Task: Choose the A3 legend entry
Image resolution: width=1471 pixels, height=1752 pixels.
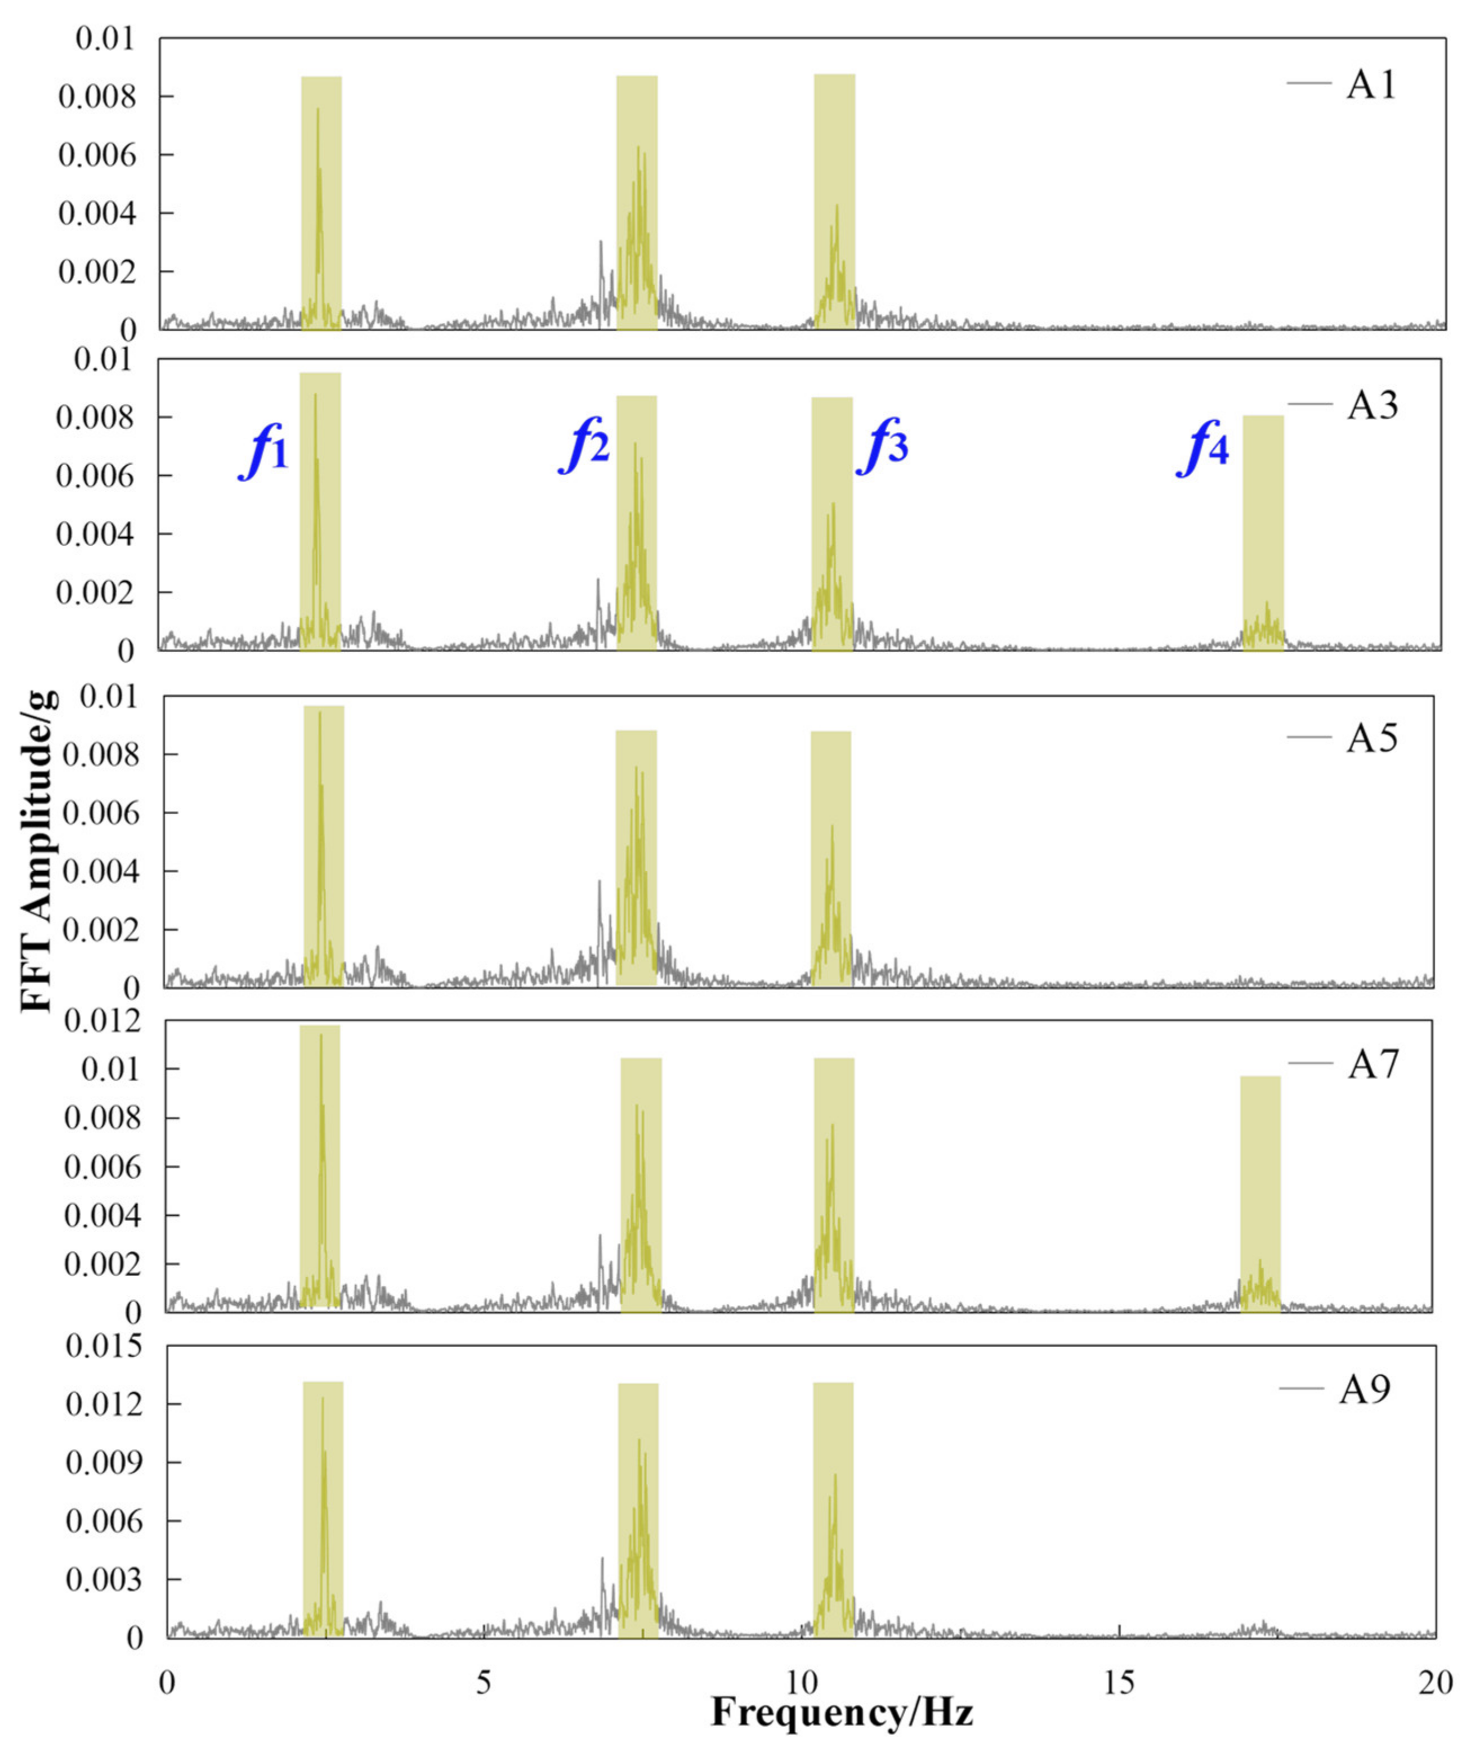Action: pyautogui.click(x=1372, y=406)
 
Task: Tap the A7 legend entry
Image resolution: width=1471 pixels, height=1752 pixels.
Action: pyautogui.click(x=1372, y=1064)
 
